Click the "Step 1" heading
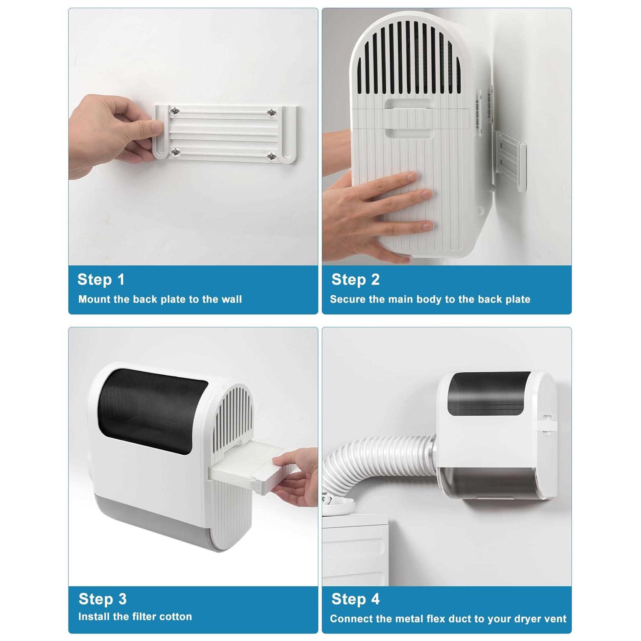(x=101, y=280)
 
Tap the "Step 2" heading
(x=355, y=280)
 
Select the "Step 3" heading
(x=103, y=599)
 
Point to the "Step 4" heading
(x=355, y=599)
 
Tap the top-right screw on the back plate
(x=271, y=112)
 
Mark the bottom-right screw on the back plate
(x=271, y=157)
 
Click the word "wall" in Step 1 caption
(x=232, y=300)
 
